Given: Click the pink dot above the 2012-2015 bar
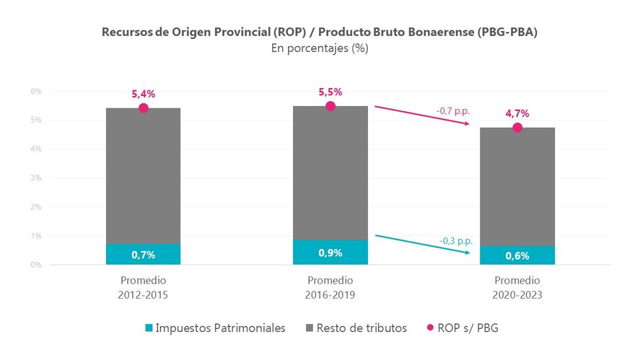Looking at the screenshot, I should [x=143, y=108].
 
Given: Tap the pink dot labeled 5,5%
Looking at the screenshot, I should [x=330, y=106].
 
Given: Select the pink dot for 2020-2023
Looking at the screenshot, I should [x=517, y=128].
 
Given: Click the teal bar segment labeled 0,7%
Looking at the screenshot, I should [x=143, y=254].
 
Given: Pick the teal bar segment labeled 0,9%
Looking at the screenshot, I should [x=330, y=253].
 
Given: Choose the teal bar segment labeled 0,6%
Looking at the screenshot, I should [x=517, y=255].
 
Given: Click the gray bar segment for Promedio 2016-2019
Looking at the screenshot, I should [x=330, y=173].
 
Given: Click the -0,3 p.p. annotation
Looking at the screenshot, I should [x=456, y=241].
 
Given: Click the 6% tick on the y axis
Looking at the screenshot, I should [x=36, y=92].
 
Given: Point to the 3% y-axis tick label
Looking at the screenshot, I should [x=36, y=178].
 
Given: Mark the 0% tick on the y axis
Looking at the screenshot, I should [x=36, y=265].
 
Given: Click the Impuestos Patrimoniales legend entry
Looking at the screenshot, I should [x=215, y=328].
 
